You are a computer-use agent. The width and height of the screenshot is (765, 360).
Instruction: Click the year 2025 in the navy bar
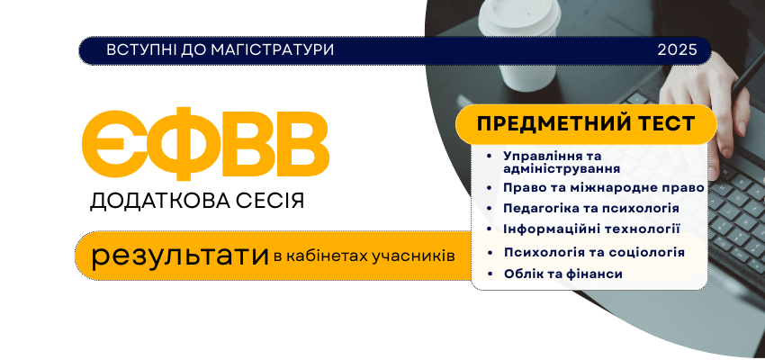click(677, 49)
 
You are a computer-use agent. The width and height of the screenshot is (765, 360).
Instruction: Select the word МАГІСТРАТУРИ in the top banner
click(273, 49)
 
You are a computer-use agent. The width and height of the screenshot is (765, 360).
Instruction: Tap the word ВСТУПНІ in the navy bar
click(137, 49)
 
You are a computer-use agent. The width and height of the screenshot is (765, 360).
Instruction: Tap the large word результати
click(180, 256)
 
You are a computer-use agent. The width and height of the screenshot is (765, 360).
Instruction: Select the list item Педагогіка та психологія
click(591, 208)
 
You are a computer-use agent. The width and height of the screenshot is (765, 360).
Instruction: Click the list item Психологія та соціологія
click(594, 252)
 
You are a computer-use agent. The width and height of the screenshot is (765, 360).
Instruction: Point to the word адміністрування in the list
click(562, 169)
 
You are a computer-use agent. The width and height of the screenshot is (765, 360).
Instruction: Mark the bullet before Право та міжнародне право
click(490, 188)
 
